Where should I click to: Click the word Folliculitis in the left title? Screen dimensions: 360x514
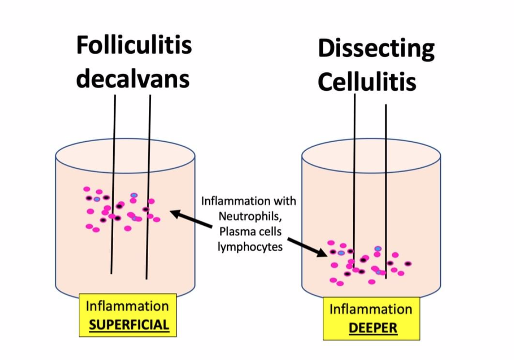coord(134,45)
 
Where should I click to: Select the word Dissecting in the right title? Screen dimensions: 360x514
coord(376,48)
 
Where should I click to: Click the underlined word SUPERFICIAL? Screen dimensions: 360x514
coord(128,325)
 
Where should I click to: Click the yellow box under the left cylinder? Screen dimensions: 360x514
coord(128,315)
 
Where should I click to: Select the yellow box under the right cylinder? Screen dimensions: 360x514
coord(371,319)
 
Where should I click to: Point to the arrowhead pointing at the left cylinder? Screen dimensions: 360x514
coord(174,213)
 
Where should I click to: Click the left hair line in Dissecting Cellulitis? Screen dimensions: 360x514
coord(354,174)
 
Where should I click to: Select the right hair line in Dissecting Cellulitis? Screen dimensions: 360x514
coord(386,183)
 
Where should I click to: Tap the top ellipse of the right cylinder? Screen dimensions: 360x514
coord(371,153)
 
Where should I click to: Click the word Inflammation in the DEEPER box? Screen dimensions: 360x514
coord(371,309)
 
